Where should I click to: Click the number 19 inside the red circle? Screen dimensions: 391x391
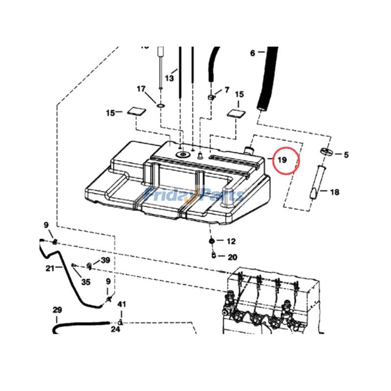point(282,160)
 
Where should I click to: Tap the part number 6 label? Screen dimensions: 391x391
point(253,53)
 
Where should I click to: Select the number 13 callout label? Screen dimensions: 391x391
point(169,78)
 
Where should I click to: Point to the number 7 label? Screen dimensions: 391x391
point(226,90)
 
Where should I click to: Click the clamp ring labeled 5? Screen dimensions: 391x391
point(327,151)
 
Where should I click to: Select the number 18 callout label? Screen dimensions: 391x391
point(334,193)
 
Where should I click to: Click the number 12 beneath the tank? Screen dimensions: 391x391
point(231,241)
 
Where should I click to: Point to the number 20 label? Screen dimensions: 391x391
point(232,257)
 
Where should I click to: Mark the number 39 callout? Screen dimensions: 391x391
point(106,260)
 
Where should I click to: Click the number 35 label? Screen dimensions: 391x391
point(86,282)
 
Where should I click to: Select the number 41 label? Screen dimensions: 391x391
point(122,304)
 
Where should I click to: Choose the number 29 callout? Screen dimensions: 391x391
point(57,310)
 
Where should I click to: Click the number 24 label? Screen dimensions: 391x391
point(115,329)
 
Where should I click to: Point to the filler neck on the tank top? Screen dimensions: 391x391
point(249,147)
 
